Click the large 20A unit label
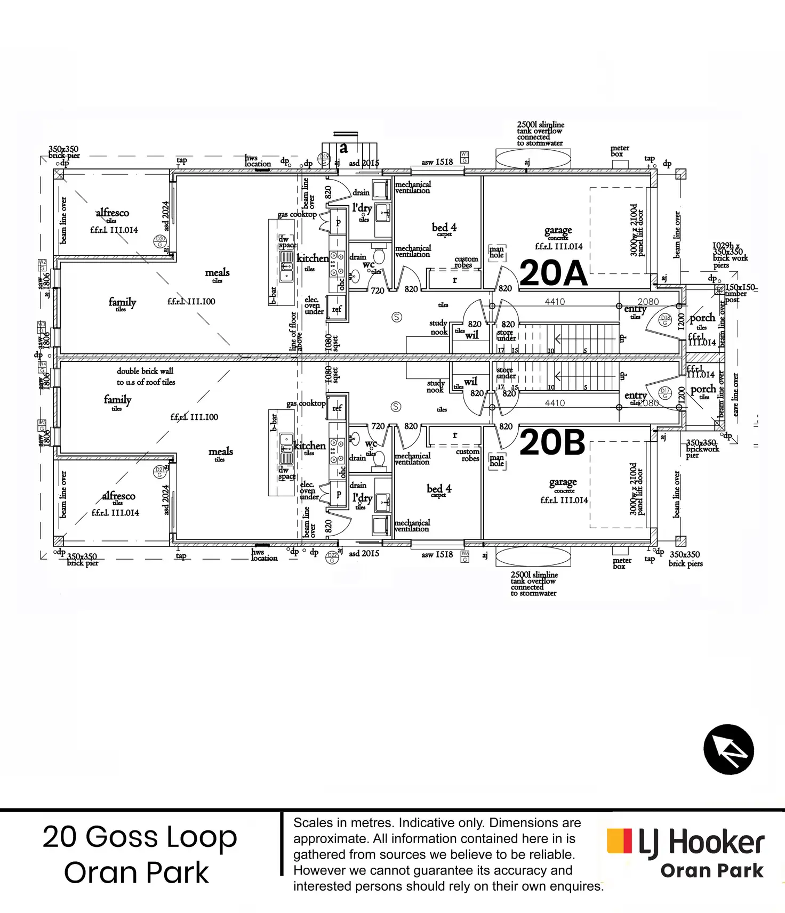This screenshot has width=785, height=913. tap(553, 273)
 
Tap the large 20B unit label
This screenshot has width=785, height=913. tap(552, 442)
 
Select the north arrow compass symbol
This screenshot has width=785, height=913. tap(728, 749)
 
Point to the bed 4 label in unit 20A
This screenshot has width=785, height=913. tap(444, 228)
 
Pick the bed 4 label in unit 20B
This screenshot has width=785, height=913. tap(439, 489)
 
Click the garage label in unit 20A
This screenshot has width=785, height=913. tap(558, 231)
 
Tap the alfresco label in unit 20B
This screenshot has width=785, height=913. tap(118, 496)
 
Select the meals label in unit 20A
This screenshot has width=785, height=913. tap(217, 273)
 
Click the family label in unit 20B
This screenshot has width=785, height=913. tap(117, 400)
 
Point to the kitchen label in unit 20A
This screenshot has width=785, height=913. tap(313, 258)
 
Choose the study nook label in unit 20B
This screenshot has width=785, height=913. tap(435, 386)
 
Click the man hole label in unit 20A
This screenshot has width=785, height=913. tap(496, 252)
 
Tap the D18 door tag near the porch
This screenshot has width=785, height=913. tap(665, 320)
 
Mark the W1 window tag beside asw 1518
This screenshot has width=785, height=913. tap(464, 157)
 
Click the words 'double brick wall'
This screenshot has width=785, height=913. tap(145, 371)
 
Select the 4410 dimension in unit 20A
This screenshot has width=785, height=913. tap(555, 302)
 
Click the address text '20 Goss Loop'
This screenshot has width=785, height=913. tap(140, 837)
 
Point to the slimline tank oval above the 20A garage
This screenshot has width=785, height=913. tap(533, 159)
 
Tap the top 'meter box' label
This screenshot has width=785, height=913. tap(619, 151)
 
